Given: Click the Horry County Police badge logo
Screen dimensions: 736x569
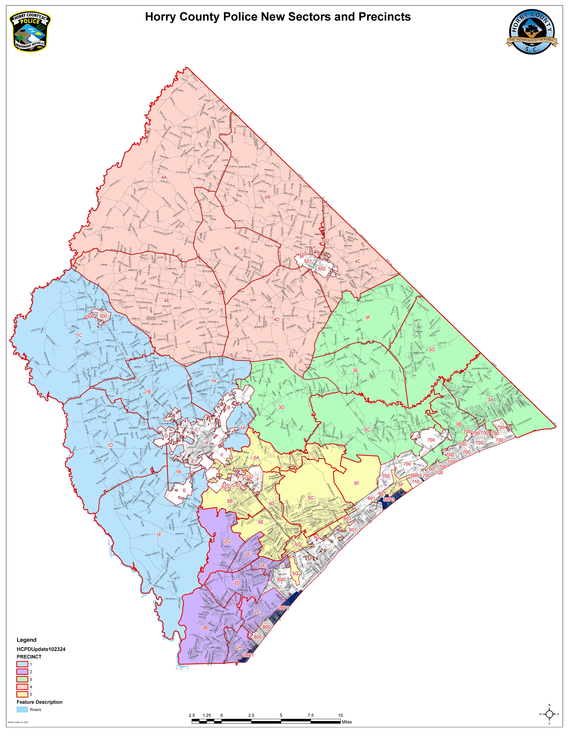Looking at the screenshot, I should [x=30, y=32].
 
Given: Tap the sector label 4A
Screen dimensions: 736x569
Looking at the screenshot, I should [x=164, y=177].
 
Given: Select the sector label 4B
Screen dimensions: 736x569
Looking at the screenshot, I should [x=267, y=197].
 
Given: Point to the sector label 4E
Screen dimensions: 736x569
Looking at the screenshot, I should [x=167, y=301].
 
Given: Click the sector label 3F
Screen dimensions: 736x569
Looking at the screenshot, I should [x=368, y=317].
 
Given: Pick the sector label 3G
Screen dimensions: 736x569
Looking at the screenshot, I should [x=432, y=349].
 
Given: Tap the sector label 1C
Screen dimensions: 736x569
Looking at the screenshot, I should [x=79, y=335].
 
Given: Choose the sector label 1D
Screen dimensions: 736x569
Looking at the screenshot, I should [x=110, y=445].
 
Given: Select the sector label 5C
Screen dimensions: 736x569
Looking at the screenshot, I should [x=310, y=498].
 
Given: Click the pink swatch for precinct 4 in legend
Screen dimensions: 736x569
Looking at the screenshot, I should [x=22, y=687].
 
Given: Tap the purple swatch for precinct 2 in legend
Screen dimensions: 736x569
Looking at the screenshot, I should [x=22, y=672].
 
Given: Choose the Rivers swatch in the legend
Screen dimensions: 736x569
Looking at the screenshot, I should [x=22, y=709].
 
